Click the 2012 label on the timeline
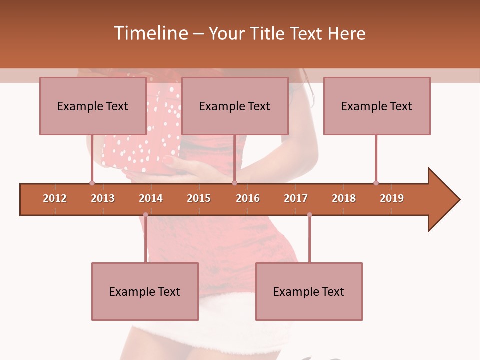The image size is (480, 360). click(55, 198)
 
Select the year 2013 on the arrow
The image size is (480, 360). click(103, 198)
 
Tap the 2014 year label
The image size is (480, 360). click(151, 198)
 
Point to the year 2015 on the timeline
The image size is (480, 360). click(199, 198)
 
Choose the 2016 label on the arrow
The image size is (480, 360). click(248, 198)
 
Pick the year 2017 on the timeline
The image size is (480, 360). click(296, 198)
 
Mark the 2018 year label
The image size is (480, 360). click(344, 198)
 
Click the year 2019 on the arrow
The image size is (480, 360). click(392, 198)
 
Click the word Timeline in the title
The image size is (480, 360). click(150, 33)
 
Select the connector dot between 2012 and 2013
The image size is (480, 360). click(92, 183)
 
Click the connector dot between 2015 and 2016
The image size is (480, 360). click(234, 183)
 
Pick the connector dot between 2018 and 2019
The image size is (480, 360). click(376, 183)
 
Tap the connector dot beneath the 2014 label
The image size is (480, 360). click(145, 215)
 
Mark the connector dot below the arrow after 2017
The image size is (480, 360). click(309, 215)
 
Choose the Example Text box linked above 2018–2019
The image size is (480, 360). click(377, 106)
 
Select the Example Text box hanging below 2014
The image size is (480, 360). click(145, 291)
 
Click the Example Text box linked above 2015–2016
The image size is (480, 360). click(235, 106)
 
